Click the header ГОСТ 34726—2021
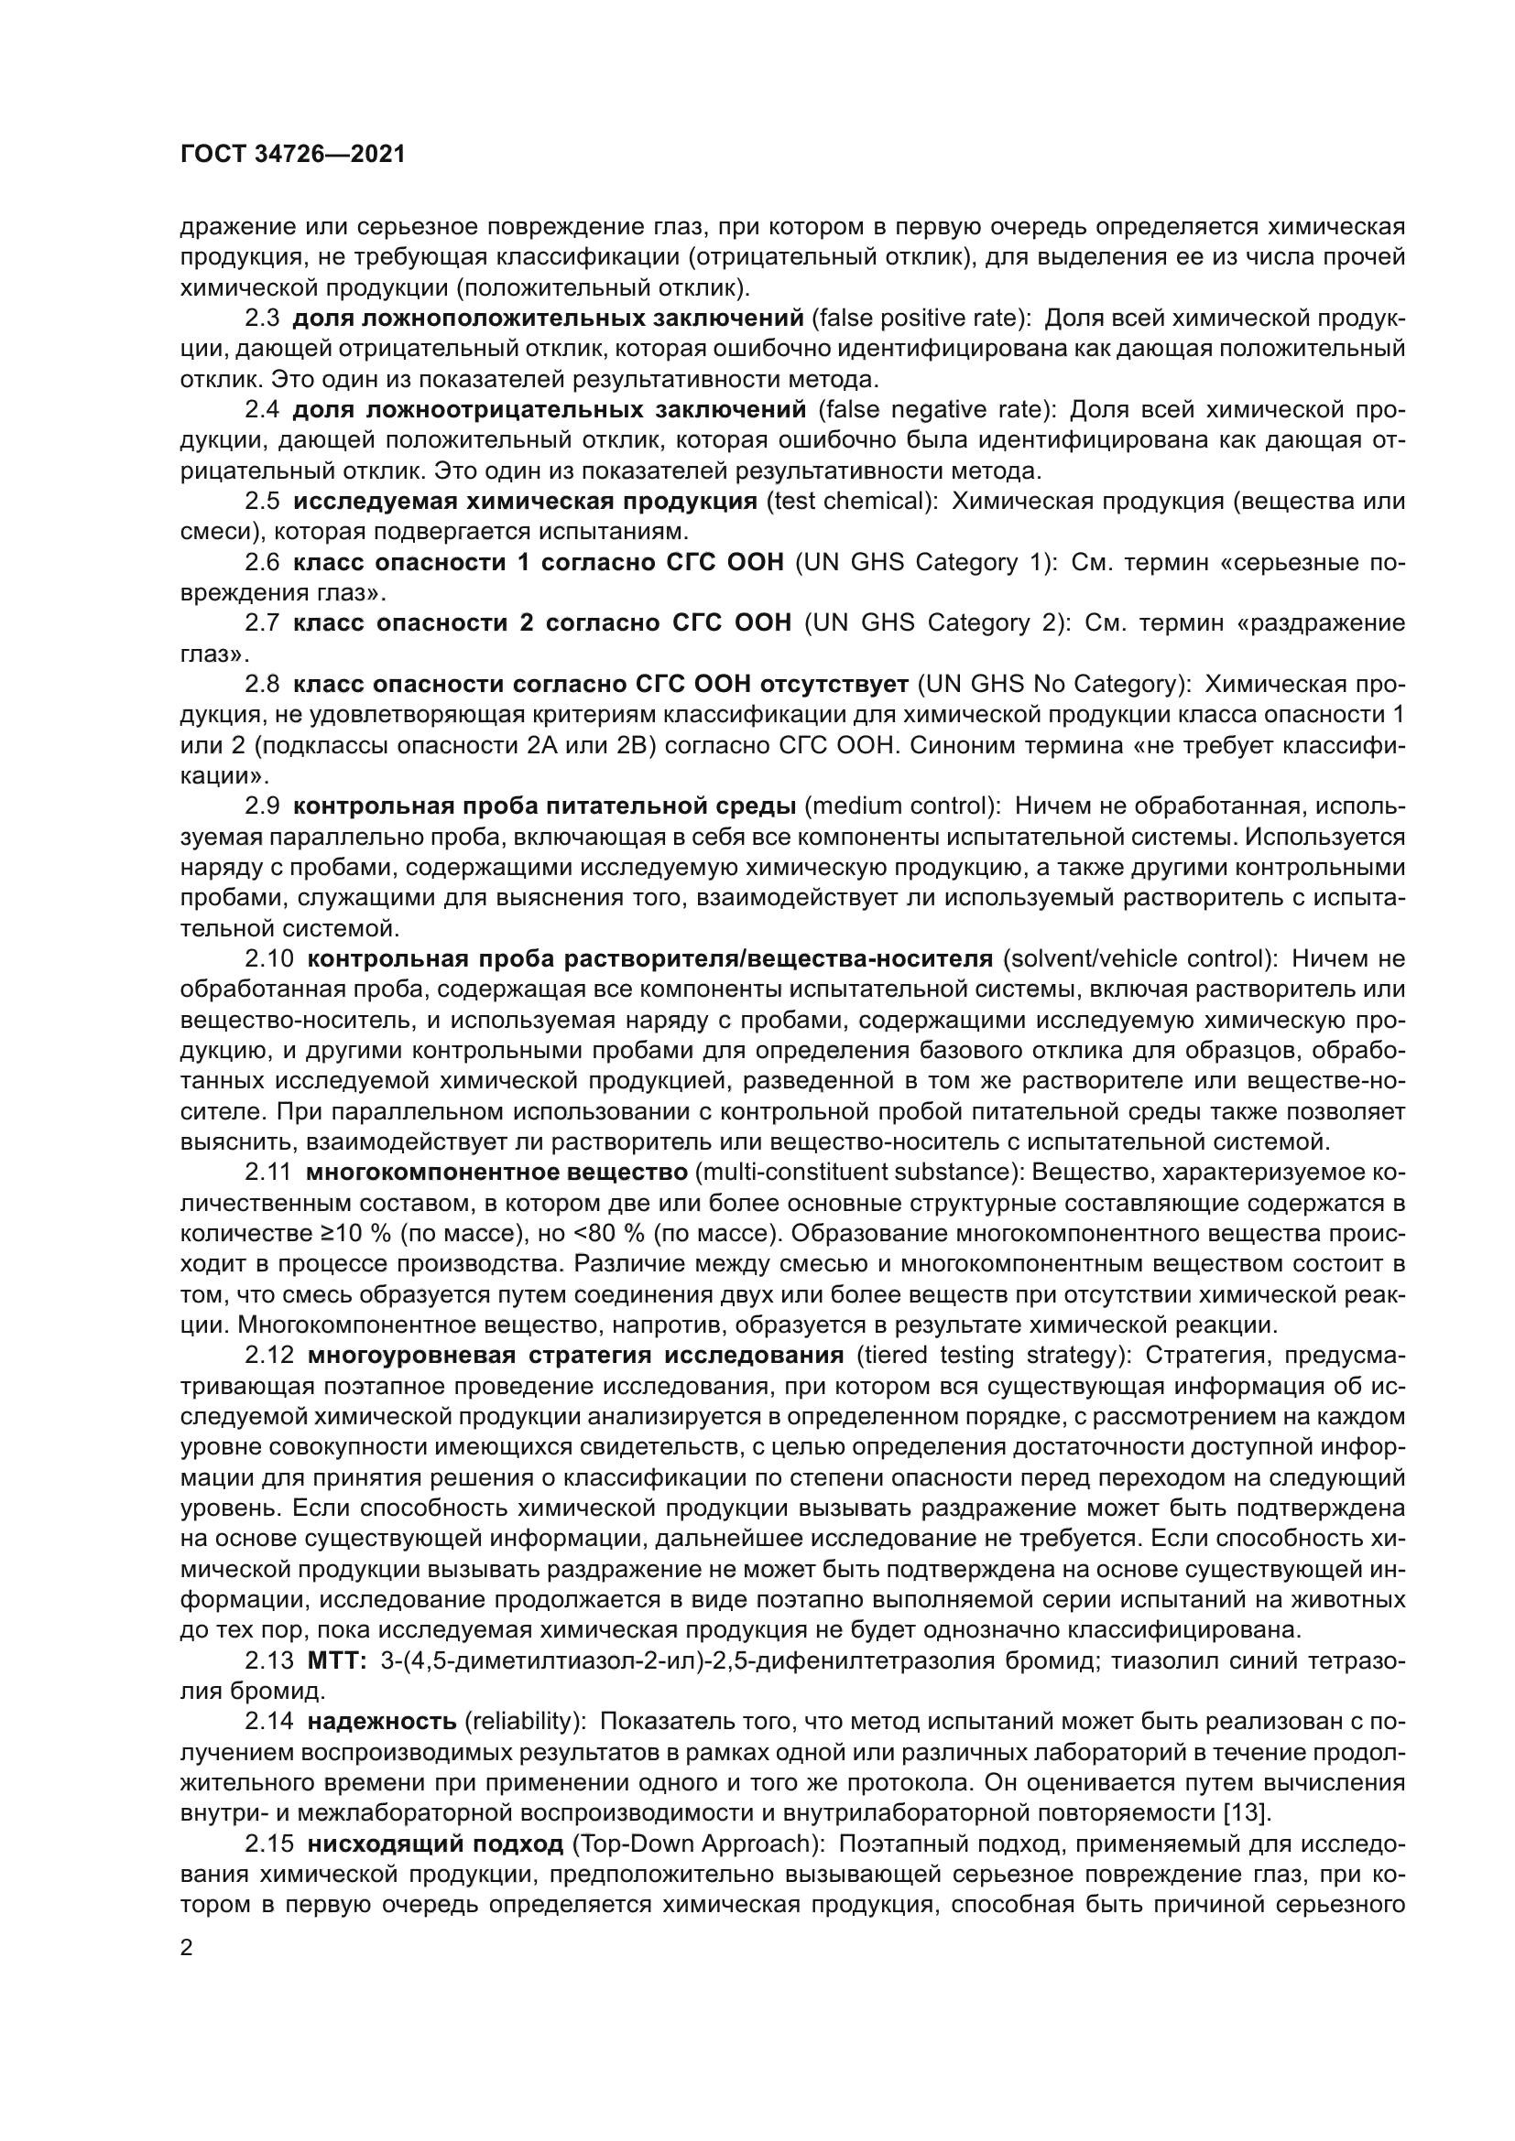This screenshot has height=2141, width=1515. coord(293,155)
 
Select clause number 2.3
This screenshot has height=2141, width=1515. coord(262,319)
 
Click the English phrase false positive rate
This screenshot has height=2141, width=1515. coord(918,319)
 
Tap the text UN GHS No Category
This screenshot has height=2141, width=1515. coord(1054,685)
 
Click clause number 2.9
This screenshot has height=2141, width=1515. coord(262,806)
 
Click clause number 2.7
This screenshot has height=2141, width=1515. coord(262,623)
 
